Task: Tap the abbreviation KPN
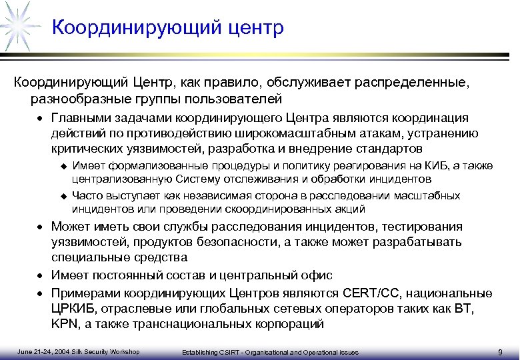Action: [x=66, y=325]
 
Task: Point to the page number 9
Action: [x=500, y=352]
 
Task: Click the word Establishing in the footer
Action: [x=201, y=352]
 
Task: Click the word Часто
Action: [x=86, y=196]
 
